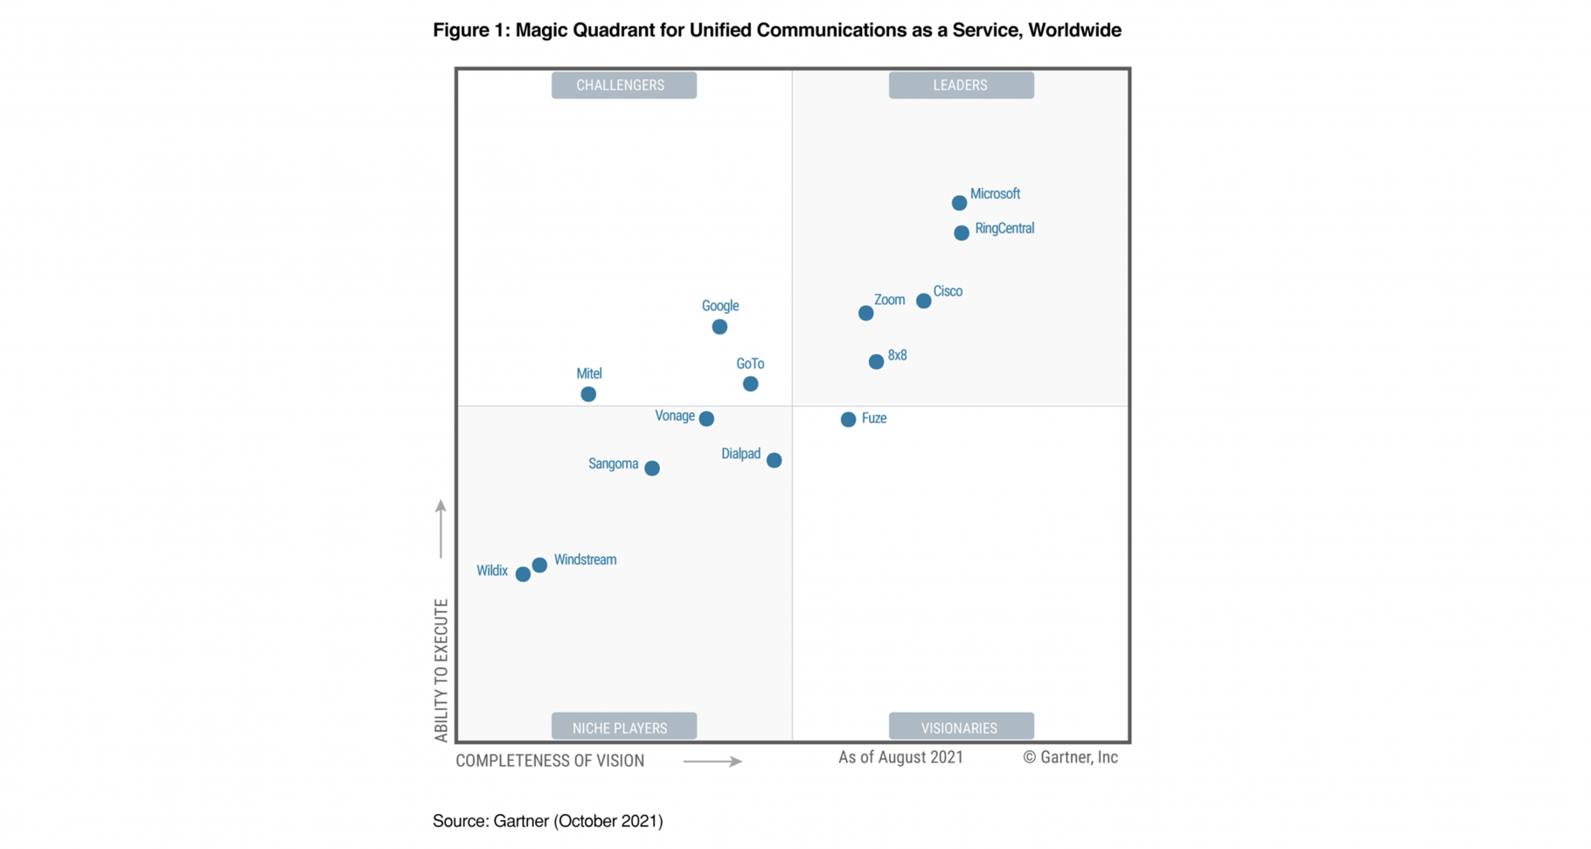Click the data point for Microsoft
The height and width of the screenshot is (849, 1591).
point(959,203)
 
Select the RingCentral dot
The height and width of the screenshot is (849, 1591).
point(962,233)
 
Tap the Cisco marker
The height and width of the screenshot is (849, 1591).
point(923,301)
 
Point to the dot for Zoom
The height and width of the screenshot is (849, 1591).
point(865,313)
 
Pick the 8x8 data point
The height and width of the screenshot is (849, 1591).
point(876,361)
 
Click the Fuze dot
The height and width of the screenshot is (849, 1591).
point(848,420)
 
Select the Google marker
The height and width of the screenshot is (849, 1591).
point(719,327)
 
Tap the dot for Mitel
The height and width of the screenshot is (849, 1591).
point(588,394)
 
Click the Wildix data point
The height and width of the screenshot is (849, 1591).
point(523,574)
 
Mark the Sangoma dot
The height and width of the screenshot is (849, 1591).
point(652,469)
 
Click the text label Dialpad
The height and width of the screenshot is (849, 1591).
point(740,454)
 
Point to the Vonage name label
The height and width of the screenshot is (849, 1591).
point(675,416)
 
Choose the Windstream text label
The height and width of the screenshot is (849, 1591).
point(585,560)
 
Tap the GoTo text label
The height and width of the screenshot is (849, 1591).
point(750,364)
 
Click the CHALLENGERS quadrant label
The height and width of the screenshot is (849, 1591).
point(623,85)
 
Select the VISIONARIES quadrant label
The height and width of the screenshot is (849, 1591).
point(961,727)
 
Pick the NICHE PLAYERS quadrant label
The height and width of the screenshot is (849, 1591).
point(623,727)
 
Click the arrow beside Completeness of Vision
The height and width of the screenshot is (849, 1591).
point(712,762)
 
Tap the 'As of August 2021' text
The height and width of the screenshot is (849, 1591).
point(900,757)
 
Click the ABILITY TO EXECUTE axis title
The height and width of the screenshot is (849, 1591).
point(441,670)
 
